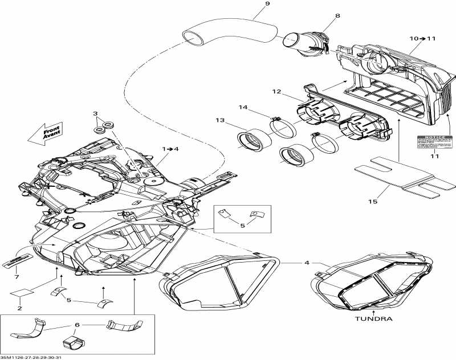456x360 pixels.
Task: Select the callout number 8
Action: (337, 16)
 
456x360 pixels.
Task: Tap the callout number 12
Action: (276, 92)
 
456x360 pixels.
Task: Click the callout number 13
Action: (220, 120)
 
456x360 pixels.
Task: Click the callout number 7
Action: (17, 277)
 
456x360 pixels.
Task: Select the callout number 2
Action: (19, 308)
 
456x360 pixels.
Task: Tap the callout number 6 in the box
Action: (78, 324)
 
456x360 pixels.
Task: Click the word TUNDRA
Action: (374, 319)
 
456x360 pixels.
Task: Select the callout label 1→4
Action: (170, 149)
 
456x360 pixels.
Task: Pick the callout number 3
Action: (96, 114)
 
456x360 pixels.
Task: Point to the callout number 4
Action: (306, 263)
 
